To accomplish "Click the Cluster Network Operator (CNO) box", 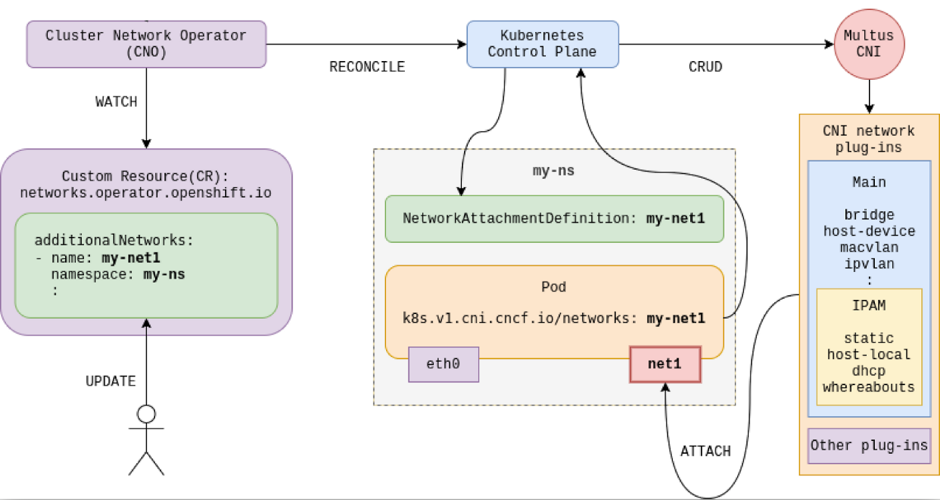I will pos(146,44).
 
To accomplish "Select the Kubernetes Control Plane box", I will pos(543,44).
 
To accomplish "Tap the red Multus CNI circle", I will pos(869,44).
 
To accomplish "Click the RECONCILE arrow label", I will pos(367,67).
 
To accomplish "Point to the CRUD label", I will pos(705,67).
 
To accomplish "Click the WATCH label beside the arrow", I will pos(116,103).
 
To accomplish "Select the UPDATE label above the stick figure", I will pos(111,381).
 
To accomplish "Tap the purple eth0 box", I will pos(443,364).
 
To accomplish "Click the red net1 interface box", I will pos(665,364).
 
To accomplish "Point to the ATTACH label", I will pos(705,451).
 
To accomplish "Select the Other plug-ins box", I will pos(869,446).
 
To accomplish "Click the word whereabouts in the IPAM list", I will pos(869,387).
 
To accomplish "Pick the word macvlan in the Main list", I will pos(869,248).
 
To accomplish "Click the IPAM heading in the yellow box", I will pos(869,305).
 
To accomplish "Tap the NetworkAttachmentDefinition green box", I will pos(554,219).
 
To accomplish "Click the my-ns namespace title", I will pos(553,171).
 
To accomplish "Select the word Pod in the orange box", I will pos(553,287).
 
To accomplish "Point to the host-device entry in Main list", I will pos(869,232).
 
